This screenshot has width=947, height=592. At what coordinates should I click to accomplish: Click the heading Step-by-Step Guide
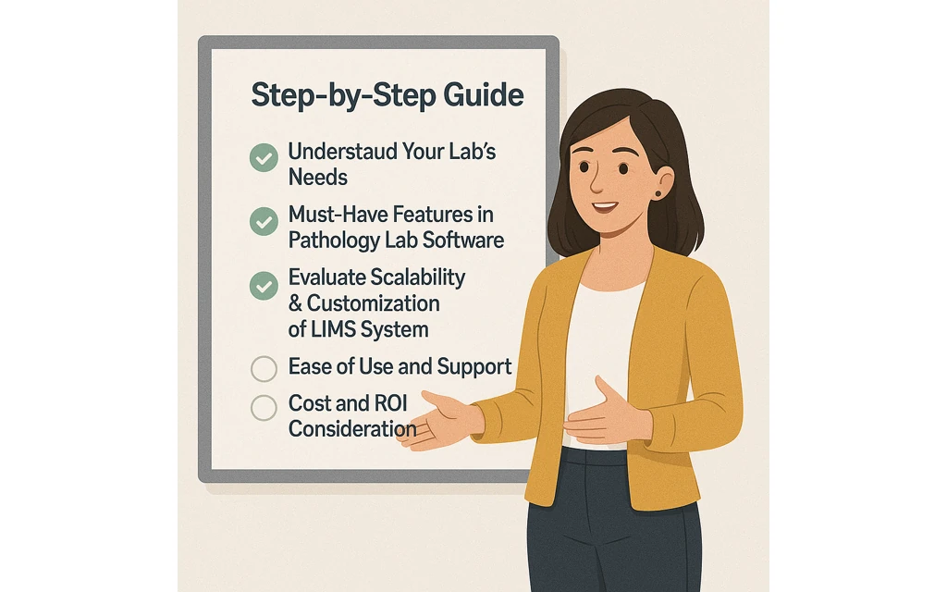tap(387, 95)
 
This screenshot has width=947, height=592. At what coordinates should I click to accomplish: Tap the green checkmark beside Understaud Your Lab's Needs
tap(264, 158)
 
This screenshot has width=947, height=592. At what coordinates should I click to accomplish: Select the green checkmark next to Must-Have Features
tap(264, 222)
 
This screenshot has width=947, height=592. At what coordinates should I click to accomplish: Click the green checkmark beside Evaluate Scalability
tap(264, 286)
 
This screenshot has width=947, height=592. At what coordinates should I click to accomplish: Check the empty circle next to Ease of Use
tap(264, 369)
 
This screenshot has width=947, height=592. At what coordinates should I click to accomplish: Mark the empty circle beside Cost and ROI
tap(264, 407)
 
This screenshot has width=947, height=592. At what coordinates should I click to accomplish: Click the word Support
tap(474, 367)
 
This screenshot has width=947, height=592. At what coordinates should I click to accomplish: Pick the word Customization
tap(374, 303)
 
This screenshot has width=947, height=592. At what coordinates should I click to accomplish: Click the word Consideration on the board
tap(351, 429)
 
